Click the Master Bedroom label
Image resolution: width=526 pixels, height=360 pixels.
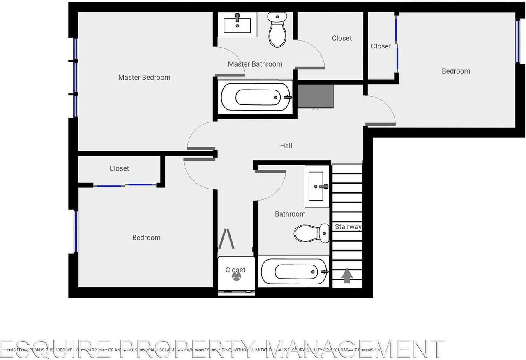[144, 77]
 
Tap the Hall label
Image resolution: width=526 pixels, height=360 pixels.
[286, 145]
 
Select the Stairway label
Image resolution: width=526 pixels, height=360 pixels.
[348, 227]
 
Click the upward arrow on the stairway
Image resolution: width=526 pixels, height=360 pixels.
[347, 275]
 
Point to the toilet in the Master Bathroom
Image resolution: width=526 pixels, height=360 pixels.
[277, 29]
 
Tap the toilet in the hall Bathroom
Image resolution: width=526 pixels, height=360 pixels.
[312, 233]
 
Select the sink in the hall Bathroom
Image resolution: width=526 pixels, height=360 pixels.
[317, 187]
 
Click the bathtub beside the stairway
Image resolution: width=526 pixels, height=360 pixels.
[294, 272]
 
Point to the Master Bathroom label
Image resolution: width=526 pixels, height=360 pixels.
[255, 64]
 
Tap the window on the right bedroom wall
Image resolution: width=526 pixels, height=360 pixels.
[518, 41]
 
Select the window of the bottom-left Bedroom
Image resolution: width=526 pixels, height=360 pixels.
[76, 231]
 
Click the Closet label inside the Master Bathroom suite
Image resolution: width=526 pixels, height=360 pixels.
[342, 38]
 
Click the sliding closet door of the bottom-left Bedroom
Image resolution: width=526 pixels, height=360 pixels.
[125, 186]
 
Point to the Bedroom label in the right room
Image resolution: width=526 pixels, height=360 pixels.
[456, 71]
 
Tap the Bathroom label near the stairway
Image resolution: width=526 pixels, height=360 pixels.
[290, 214]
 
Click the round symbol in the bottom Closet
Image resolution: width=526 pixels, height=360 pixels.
[236, 277]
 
